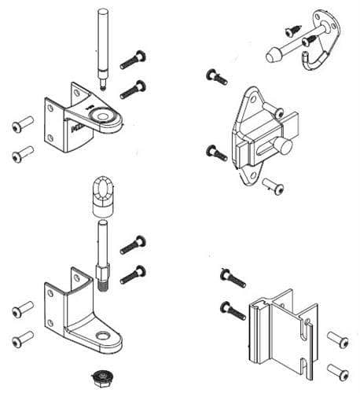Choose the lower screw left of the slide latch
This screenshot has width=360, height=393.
click(x=215, y=152)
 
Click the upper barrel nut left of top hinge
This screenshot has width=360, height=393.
click(x=21, y=124)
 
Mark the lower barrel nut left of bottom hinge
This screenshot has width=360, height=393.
click(x=21, y=340)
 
